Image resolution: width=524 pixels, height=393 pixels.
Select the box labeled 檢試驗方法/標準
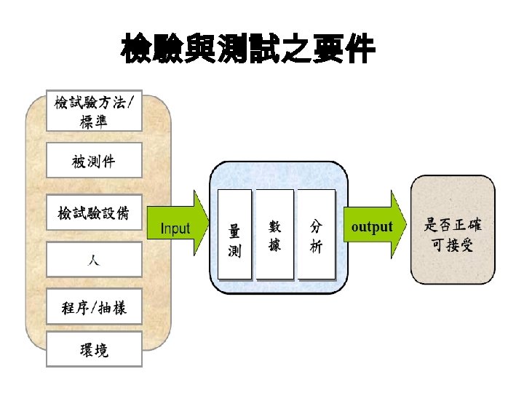point(95,111)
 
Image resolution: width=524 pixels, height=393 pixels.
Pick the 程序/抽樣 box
point(95,308)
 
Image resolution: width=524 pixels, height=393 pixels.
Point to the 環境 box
point(95,350)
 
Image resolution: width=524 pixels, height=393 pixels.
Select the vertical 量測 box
point(235,234)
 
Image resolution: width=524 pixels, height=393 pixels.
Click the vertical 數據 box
point(276,234)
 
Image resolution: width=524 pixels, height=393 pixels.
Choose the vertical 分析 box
point(317,234)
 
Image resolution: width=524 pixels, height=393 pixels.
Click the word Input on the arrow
point(175,229)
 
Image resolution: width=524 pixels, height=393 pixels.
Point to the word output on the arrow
point(371,227)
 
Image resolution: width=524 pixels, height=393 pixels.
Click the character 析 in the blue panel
point(317,247)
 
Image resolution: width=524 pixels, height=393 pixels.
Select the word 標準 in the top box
point(95,122)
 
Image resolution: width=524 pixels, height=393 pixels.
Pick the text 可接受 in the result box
point(453,245)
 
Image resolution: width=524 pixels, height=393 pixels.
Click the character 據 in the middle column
point(275,245)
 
